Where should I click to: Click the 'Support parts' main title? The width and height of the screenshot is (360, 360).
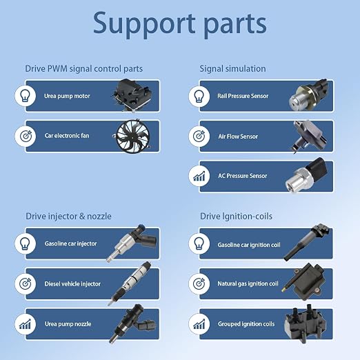(180, 24)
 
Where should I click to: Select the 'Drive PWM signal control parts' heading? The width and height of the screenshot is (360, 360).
(84, 69)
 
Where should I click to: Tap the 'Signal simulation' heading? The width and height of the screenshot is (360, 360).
(232, 69)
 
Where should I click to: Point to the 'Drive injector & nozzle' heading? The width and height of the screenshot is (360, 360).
(68, 217)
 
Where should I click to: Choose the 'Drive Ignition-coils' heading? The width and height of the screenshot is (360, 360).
(236, 217)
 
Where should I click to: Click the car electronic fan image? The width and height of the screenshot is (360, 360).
(132, 137)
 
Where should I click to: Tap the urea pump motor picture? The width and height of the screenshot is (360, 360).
(132, 95)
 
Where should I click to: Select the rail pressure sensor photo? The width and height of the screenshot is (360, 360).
(308, 95)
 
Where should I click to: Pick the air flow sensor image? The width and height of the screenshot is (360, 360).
(308, 137)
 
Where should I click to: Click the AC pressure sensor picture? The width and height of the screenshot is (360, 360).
(306, 176)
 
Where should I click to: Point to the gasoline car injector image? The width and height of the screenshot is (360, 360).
(132, 243)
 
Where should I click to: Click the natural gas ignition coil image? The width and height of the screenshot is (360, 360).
(304, 282)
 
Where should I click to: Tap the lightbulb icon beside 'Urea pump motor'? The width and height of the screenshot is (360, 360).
(26, 96)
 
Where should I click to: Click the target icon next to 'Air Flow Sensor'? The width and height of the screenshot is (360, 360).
(199, 136)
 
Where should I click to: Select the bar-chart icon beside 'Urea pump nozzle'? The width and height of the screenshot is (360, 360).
(26, 324)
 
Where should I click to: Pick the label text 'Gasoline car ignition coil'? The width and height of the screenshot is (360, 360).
(249, 245)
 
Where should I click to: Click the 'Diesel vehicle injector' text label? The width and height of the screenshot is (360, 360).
(72, 284)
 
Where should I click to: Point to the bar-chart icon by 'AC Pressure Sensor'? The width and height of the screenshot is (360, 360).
(199, 176)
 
